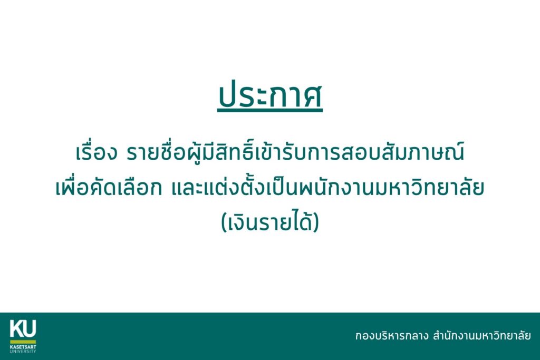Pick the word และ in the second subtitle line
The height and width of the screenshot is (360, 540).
pyautogui.click(x=184, y=189)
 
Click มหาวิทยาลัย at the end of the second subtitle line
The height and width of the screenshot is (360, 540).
pyautogui.click(x=429, y=189)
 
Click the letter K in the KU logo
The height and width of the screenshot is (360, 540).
pyautogui.click(x=16, y=329)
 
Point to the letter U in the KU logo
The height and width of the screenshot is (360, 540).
pyautogui.click(x=30, y=329)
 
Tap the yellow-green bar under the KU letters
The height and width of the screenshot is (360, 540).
pyautogui.click(x=23, y=342)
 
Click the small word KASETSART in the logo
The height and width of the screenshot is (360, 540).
pyautogui.click(x=23, y=347)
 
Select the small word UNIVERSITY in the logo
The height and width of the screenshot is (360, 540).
pyautogui.click(x=23, y=351)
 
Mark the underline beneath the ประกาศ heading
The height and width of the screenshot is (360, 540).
pyautogui.click(x=270, y=111)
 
